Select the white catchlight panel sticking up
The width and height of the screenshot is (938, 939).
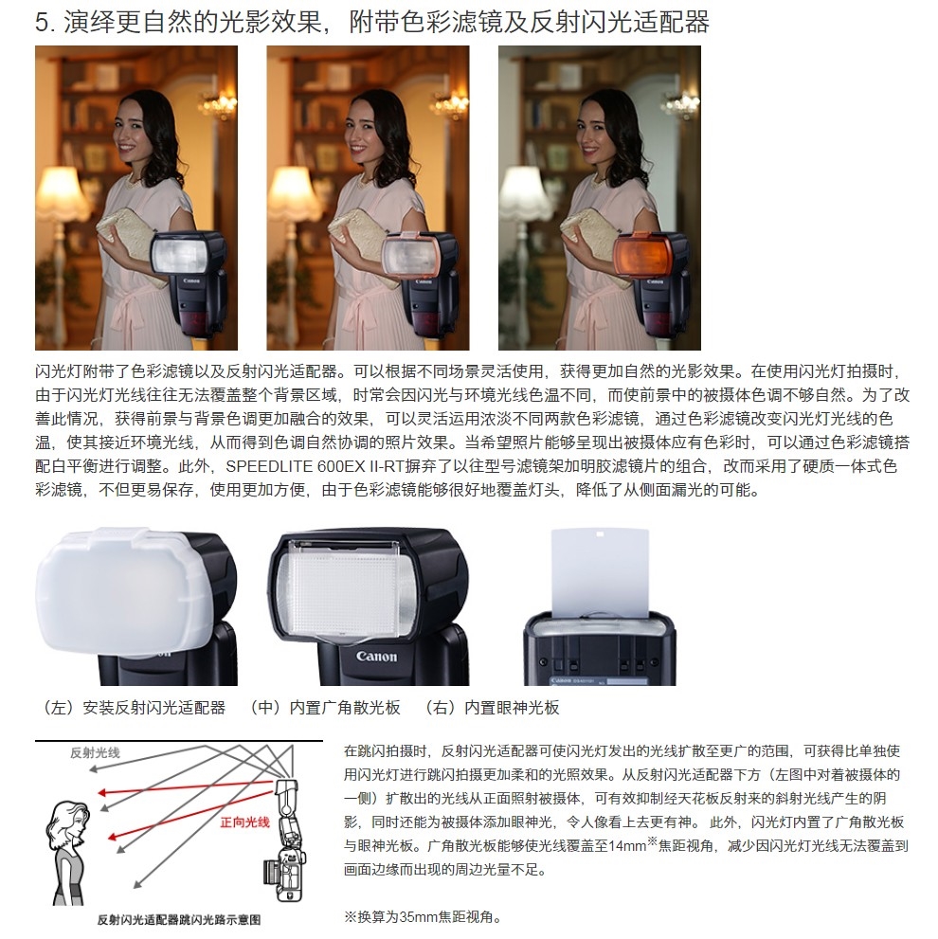click(600, 572)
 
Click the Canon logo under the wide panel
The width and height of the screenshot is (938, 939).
click(376, 657)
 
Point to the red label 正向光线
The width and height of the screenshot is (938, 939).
click(244, 822)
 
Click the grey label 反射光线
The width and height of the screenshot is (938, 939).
click(95, 752)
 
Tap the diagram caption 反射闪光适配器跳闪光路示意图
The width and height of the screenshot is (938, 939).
click(178, 919)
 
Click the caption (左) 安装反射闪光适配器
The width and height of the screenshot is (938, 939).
click(132, 708)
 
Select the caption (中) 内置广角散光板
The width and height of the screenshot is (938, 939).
click(323, 708)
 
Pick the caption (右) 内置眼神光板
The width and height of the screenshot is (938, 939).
click(491, 708)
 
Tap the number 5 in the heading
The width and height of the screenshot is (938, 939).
click(42, 23)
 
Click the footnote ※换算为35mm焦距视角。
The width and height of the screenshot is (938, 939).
click(423, 917)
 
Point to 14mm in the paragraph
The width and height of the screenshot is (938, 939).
click(627, 845)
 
